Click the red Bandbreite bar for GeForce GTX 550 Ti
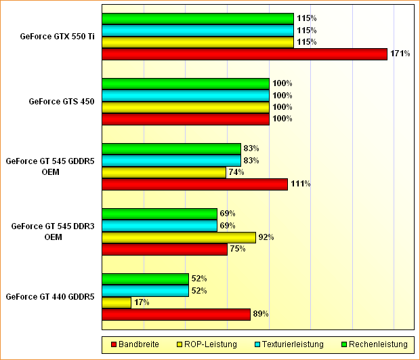[244, 54]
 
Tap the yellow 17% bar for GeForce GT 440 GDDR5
[116, 302]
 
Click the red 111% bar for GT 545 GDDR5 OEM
[194, 184]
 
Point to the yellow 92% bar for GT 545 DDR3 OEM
[178, 237]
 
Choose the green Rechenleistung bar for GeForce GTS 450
[185, 83]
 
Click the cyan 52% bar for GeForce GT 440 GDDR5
[145, 291]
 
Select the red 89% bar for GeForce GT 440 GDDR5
[175, 314]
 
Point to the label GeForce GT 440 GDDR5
[49, 297]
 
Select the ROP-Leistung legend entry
[207, 344]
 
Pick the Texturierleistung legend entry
[289, 344]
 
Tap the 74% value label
[236, 172]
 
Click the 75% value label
[237, 249]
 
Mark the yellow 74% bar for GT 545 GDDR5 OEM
[163, 172]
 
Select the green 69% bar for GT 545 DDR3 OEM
[159, 214]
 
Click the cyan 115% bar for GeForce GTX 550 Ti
[197, 31]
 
